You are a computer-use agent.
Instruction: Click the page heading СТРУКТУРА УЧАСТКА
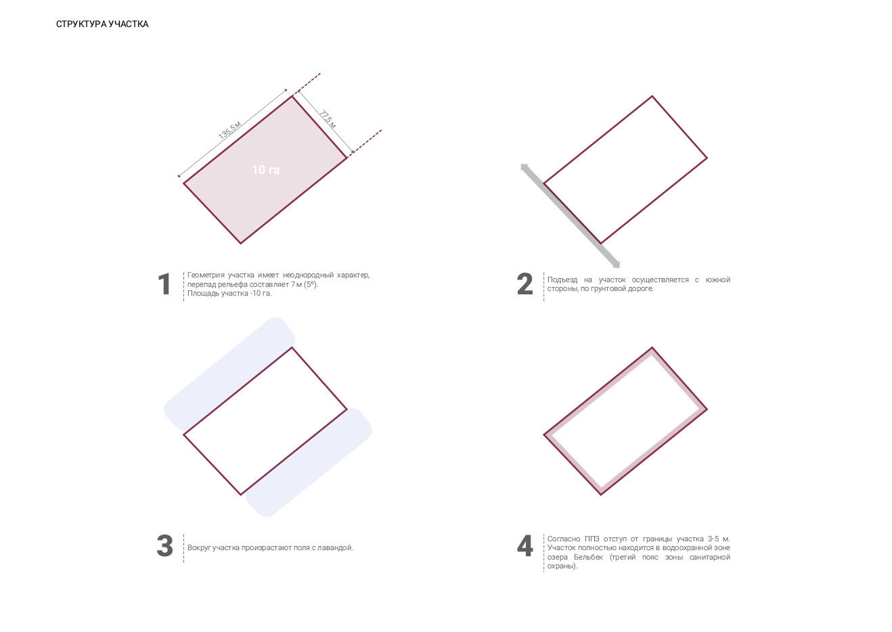[102, 24]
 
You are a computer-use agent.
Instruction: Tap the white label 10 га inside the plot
[266, 170]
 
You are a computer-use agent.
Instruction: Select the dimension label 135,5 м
[230, 130]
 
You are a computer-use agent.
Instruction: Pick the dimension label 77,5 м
[328, 119]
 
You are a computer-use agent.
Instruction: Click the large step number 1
[164, 284]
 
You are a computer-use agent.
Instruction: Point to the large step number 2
[525, 284]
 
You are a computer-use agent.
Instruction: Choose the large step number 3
[165, 546]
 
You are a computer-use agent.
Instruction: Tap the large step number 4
[525, 546]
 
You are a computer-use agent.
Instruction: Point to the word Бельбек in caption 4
[589, 557]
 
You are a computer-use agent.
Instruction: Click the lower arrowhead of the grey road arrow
[616, 264]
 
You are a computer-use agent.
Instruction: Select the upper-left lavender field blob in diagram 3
[229, 375]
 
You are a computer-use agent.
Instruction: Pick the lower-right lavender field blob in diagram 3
[309, 463]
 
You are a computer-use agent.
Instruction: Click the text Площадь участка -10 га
[229, 294]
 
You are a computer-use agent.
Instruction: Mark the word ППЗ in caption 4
[592, 539]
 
